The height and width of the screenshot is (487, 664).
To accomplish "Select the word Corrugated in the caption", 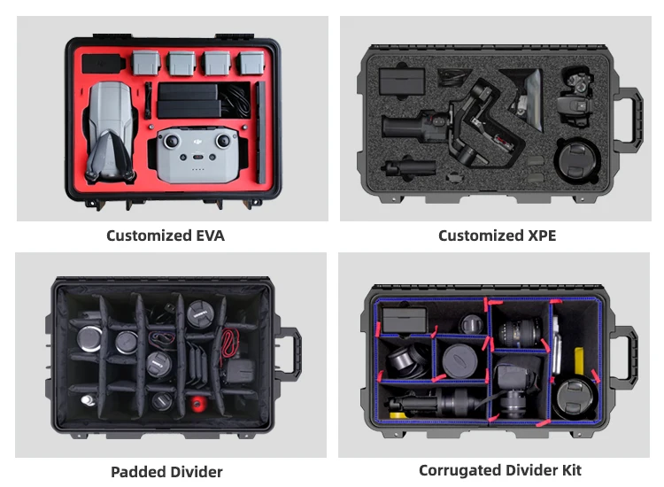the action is point(460,470).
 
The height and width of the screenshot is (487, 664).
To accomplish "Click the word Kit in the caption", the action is point(569,470).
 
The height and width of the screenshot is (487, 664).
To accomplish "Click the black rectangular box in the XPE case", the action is point(397,82).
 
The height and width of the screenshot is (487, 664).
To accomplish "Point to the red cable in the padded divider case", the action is point(232,341).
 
